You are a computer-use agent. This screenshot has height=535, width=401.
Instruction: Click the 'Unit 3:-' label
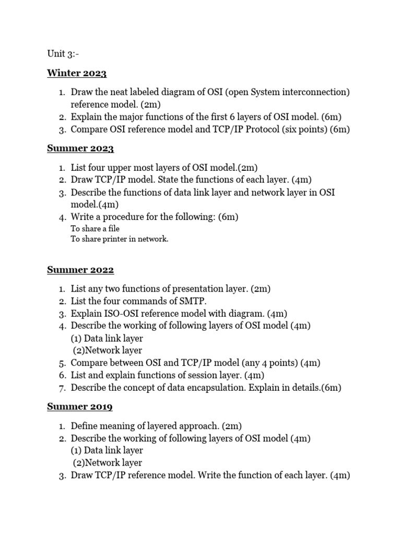tap(63, 54)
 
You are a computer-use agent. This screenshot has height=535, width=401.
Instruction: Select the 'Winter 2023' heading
tap(77, 73)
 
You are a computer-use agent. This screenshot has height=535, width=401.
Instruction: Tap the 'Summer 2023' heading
tap(80, 148)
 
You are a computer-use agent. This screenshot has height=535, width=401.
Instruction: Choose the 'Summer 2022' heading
tap(80, 270)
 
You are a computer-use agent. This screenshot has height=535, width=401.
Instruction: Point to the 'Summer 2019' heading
tap(80, 406)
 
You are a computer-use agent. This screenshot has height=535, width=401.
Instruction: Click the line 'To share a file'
tap(95, 229)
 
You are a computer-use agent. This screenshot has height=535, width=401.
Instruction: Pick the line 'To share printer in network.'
tap(120, 239)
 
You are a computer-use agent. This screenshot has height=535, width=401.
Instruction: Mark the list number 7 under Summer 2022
tap(61, 388)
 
